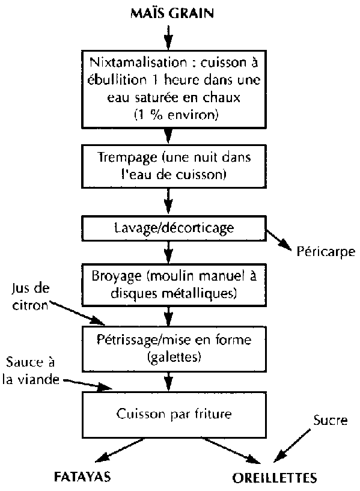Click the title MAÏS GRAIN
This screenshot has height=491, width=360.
[x=172, y=13]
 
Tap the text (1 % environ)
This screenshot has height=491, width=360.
[x=176, y=115]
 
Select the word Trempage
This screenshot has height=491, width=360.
[x=127, y=157]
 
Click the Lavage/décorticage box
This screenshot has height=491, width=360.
[x=174, y=228]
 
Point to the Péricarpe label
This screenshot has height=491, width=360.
[x=326, y=252]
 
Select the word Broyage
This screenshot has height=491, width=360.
[x=117, y=276]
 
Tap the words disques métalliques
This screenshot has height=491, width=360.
[x=174, y=293]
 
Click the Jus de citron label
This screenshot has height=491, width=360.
[x=31, y=296]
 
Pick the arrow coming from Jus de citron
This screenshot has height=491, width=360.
[x=77, y=313]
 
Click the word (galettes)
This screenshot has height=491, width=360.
[x=174, y=357]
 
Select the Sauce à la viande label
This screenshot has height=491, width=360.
[x=31, y=371]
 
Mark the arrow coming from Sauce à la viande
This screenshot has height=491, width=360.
[x=87, y=385]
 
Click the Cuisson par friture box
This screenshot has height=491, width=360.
[x=174, y=415]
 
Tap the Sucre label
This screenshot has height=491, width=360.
[x=331, y=420]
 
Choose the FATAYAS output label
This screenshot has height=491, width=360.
[x=83, y=477]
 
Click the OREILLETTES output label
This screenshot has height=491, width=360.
[x=275, y=478]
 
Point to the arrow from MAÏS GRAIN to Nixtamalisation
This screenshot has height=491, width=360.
[x=168, y=38]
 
